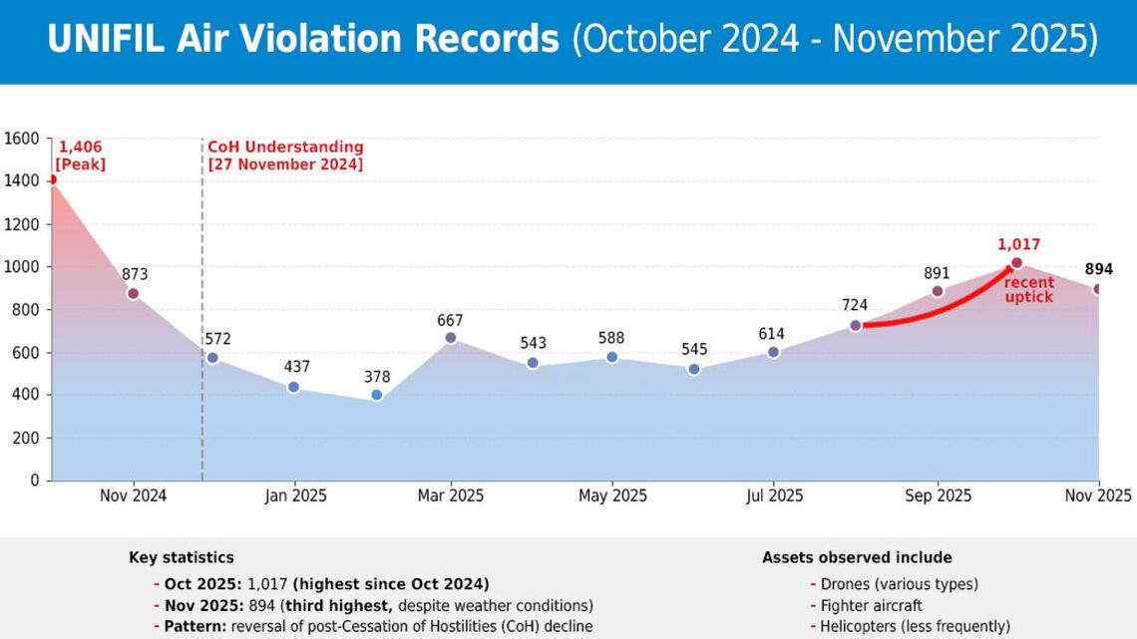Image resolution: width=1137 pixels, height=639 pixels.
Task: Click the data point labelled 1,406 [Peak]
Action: [x=52, y=179]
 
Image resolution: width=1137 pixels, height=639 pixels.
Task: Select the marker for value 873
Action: [x=133, y=293]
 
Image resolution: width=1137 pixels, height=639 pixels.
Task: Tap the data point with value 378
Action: [x=377, y=396]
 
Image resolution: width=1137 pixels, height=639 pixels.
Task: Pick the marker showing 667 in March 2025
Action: [x=451, y=338]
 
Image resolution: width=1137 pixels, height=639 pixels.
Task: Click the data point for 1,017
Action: [x=1016, y=263]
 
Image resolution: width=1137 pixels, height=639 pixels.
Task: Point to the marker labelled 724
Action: [x=856, y=326]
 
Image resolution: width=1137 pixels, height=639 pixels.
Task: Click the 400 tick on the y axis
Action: [x=27, y=395]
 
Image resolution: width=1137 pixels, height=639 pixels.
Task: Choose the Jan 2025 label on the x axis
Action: [x=294, y=495]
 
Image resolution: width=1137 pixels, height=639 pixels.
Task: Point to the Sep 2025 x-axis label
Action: [x=938, y=495]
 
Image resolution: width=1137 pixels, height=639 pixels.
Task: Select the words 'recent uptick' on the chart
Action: [x=1028, y=290]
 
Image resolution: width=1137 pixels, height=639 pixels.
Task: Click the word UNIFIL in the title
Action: [x=106, y=40]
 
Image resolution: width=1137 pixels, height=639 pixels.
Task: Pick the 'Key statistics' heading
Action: [x=182, y=558]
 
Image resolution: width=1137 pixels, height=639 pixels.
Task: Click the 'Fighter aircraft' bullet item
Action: [x=871, y=605]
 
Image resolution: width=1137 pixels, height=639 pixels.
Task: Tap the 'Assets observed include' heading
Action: [x=857, y=558]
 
